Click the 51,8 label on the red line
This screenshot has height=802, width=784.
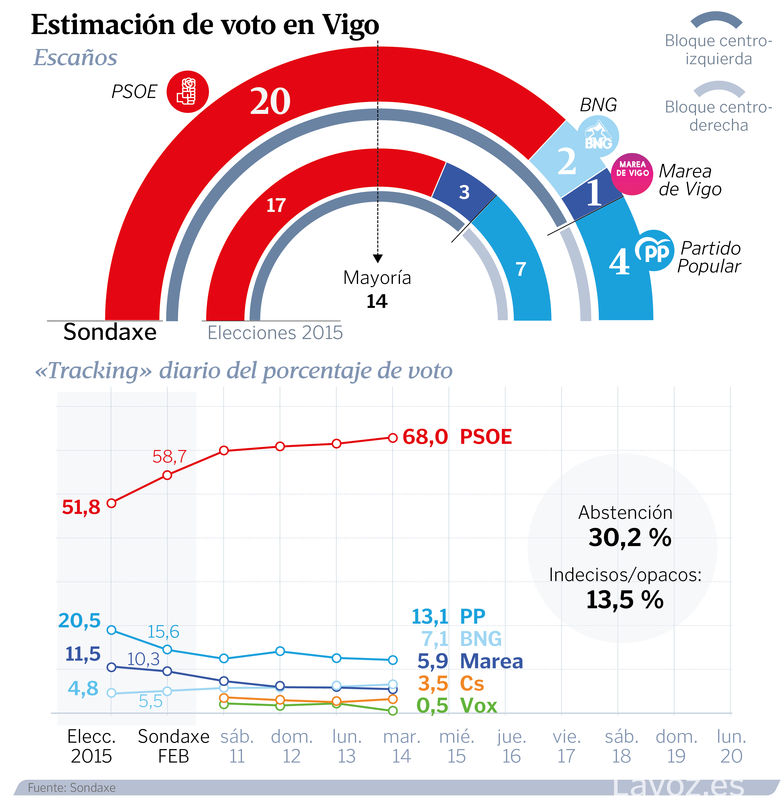point(81,507)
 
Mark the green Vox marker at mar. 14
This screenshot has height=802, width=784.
point(393,711)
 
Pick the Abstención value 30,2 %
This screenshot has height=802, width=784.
point(630,537)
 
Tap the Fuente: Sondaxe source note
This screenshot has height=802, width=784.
point(72,788)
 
